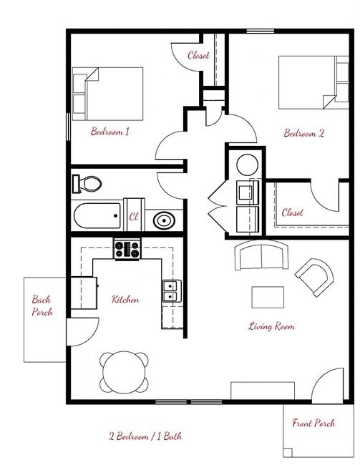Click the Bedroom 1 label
(x=110, y=132)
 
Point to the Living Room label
(x=271, y=326)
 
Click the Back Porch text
(x=42, y=305)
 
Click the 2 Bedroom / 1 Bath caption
(x=145, y=436)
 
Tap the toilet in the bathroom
(x=87, y=183)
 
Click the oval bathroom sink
(x=164, y=220)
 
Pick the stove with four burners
(x=127, y=250)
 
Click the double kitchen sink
(x=170, y=291)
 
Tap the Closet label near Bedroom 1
(x=198, y=55)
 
